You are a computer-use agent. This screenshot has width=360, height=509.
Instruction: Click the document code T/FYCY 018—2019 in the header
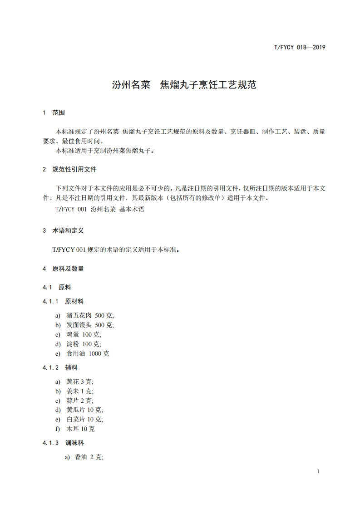pyautogui.click(x=300, y=47)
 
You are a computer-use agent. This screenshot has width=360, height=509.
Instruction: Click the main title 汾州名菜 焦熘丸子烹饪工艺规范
pyautogui.click(x=184, y=85)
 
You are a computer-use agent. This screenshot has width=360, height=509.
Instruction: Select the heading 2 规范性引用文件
pyautogui.click(x=69, y=170)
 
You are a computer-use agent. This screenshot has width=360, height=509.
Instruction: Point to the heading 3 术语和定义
pyautogui.click(x=63, y=231)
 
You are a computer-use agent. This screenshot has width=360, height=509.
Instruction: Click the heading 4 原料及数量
pyautogui.click(x=63, y=269)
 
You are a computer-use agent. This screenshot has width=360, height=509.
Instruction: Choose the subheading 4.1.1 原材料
pyautogui.click(x=63, y=301)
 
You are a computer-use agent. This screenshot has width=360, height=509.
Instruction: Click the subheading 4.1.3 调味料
pyautogui.click(x=63, y=443)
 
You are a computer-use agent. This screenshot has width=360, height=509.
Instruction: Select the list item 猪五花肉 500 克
pyautogui.click(x=90, y=315)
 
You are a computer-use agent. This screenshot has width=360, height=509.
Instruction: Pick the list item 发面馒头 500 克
pyautogui.click(x=90, y=325)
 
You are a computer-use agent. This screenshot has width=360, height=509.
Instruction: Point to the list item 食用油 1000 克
pyautogui.click(x=88, y=353)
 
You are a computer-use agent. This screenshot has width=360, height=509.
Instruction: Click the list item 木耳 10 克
pyautogui.click(x=81, y=429)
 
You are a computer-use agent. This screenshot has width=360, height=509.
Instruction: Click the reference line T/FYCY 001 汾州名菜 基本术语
pyautogui.click(x=100, y=210)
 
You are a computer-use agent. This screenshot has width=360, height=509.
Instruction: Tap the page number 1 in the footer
pyautogui.click(x=318, y=472)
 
